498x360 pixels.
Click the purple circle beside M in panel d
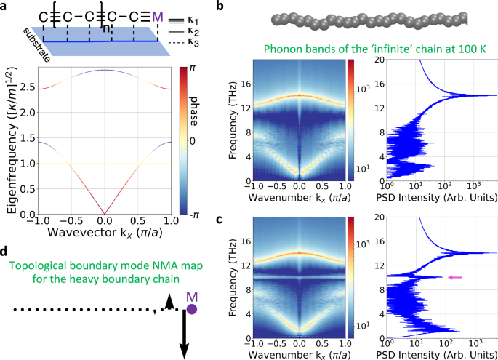point(193,309)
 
